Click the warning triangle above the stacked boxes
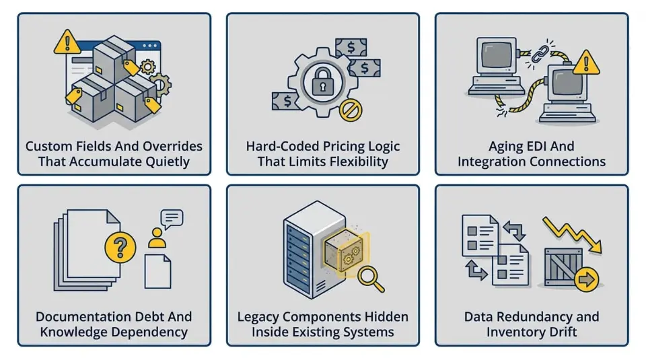point(66,42)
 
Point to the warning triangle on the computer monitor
point(585,62)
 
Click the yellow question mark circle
point(120,245)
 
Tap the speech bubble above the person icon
point(172,219)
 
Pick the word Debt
point(141,316)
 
